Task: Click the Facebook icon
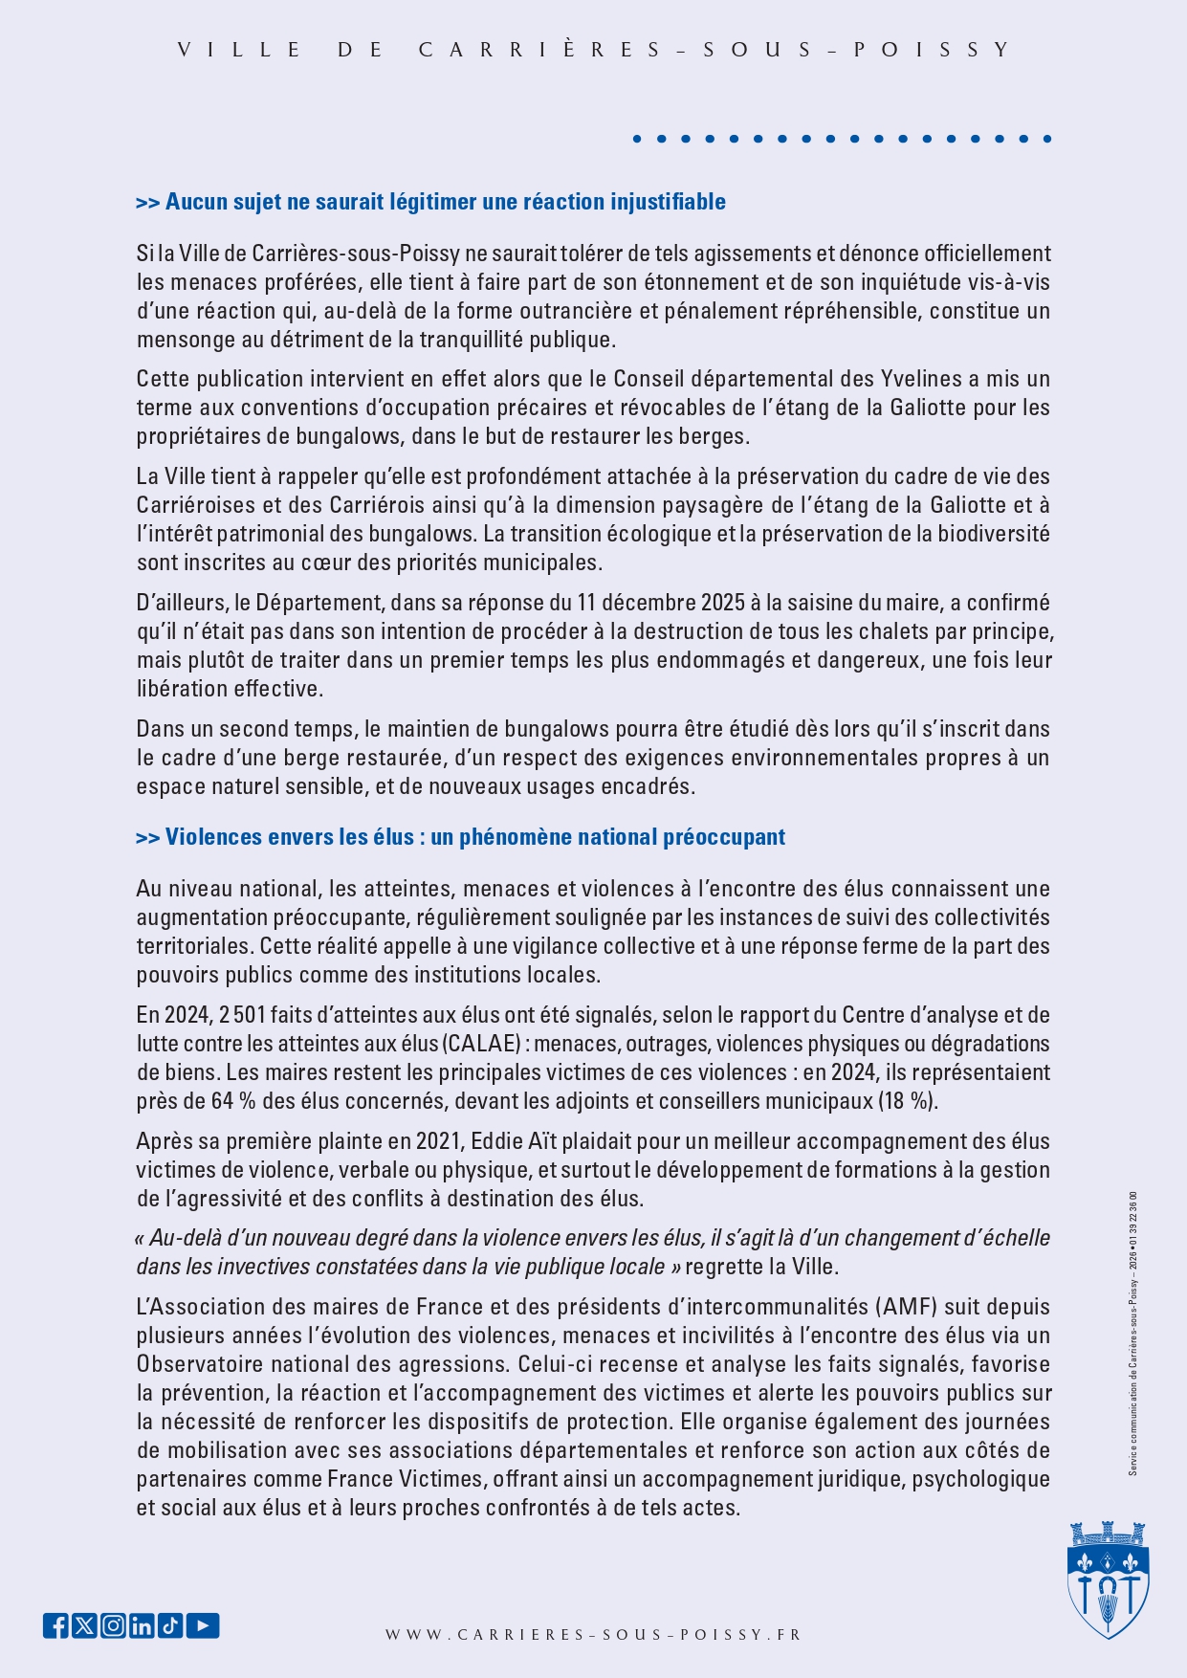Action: click(55, 1625)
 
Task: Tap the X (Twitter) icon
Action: click(84, 1625)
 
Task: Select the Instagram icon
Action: click(113, 1625)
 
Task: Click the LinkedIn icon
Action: click(142, 1625)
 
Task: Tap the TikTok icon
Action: click(170, 1625)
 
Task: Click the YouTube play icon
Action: click(203, 1625)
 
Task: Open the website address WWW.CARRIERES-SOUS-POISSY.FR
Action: click(593, 1635)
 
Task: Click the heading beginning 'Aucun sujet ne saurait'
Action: click(431, 202)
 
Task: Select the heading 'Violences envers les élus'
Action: click(461, 837)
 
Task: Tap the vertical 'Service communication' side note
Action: click(1133, 1334)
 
